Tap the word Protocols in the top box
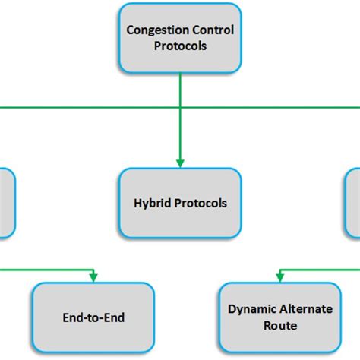coord(180,46)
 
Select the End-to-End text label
coord(93,318)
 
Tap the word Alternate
coord(300,310)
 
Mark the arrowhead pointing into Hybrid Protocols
coord(180,163)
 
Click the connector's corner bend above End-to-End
coord(93,267)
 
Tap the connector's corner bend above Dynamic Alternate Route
coord(278,267)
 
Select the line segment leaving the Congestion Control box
coord(180,87)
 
